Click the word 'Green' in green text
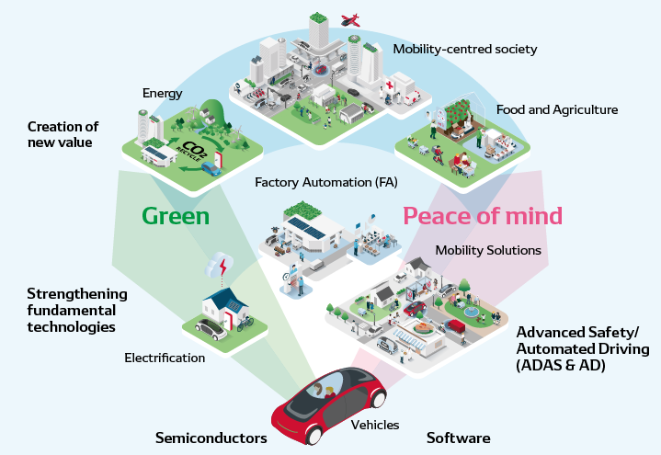176,216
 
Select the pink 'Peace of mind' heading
483,216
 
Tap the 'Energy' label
162,93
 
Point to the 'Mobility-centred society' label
464,49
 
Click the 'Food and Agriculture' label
556,109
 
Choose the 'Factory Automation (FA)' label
325,182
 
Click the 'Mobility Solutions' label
488,250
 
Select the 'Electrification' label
165,358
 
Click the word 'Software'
458,438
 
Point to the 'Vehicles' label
375,425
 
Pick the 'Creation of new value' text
63,134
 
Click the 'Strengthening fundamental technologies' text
77,310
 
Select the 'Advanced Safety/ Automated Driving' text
583,348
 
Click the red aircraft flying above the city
350,19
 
